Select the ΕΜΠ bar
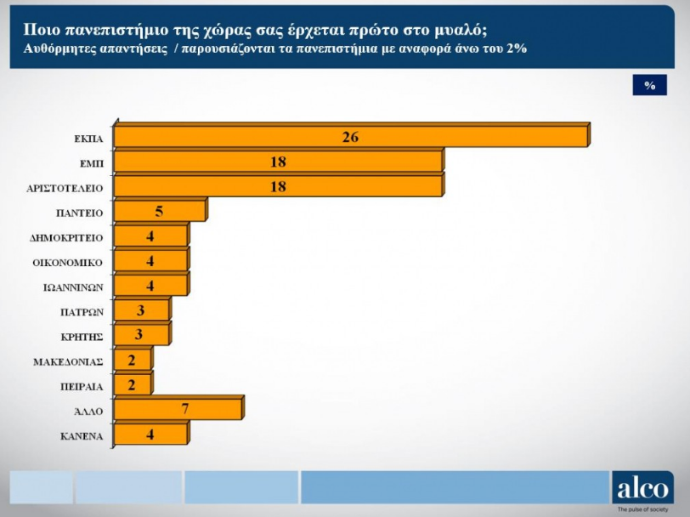click(278, 162)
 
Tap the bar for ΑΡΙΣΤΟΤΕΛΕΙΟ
click(278, 186)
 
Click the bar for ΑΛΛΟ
click(178, 410)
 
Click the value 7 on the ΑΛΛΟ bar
click(184, 410)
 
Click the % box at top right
click(650, 86)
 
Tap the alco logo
click(642, 487)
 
